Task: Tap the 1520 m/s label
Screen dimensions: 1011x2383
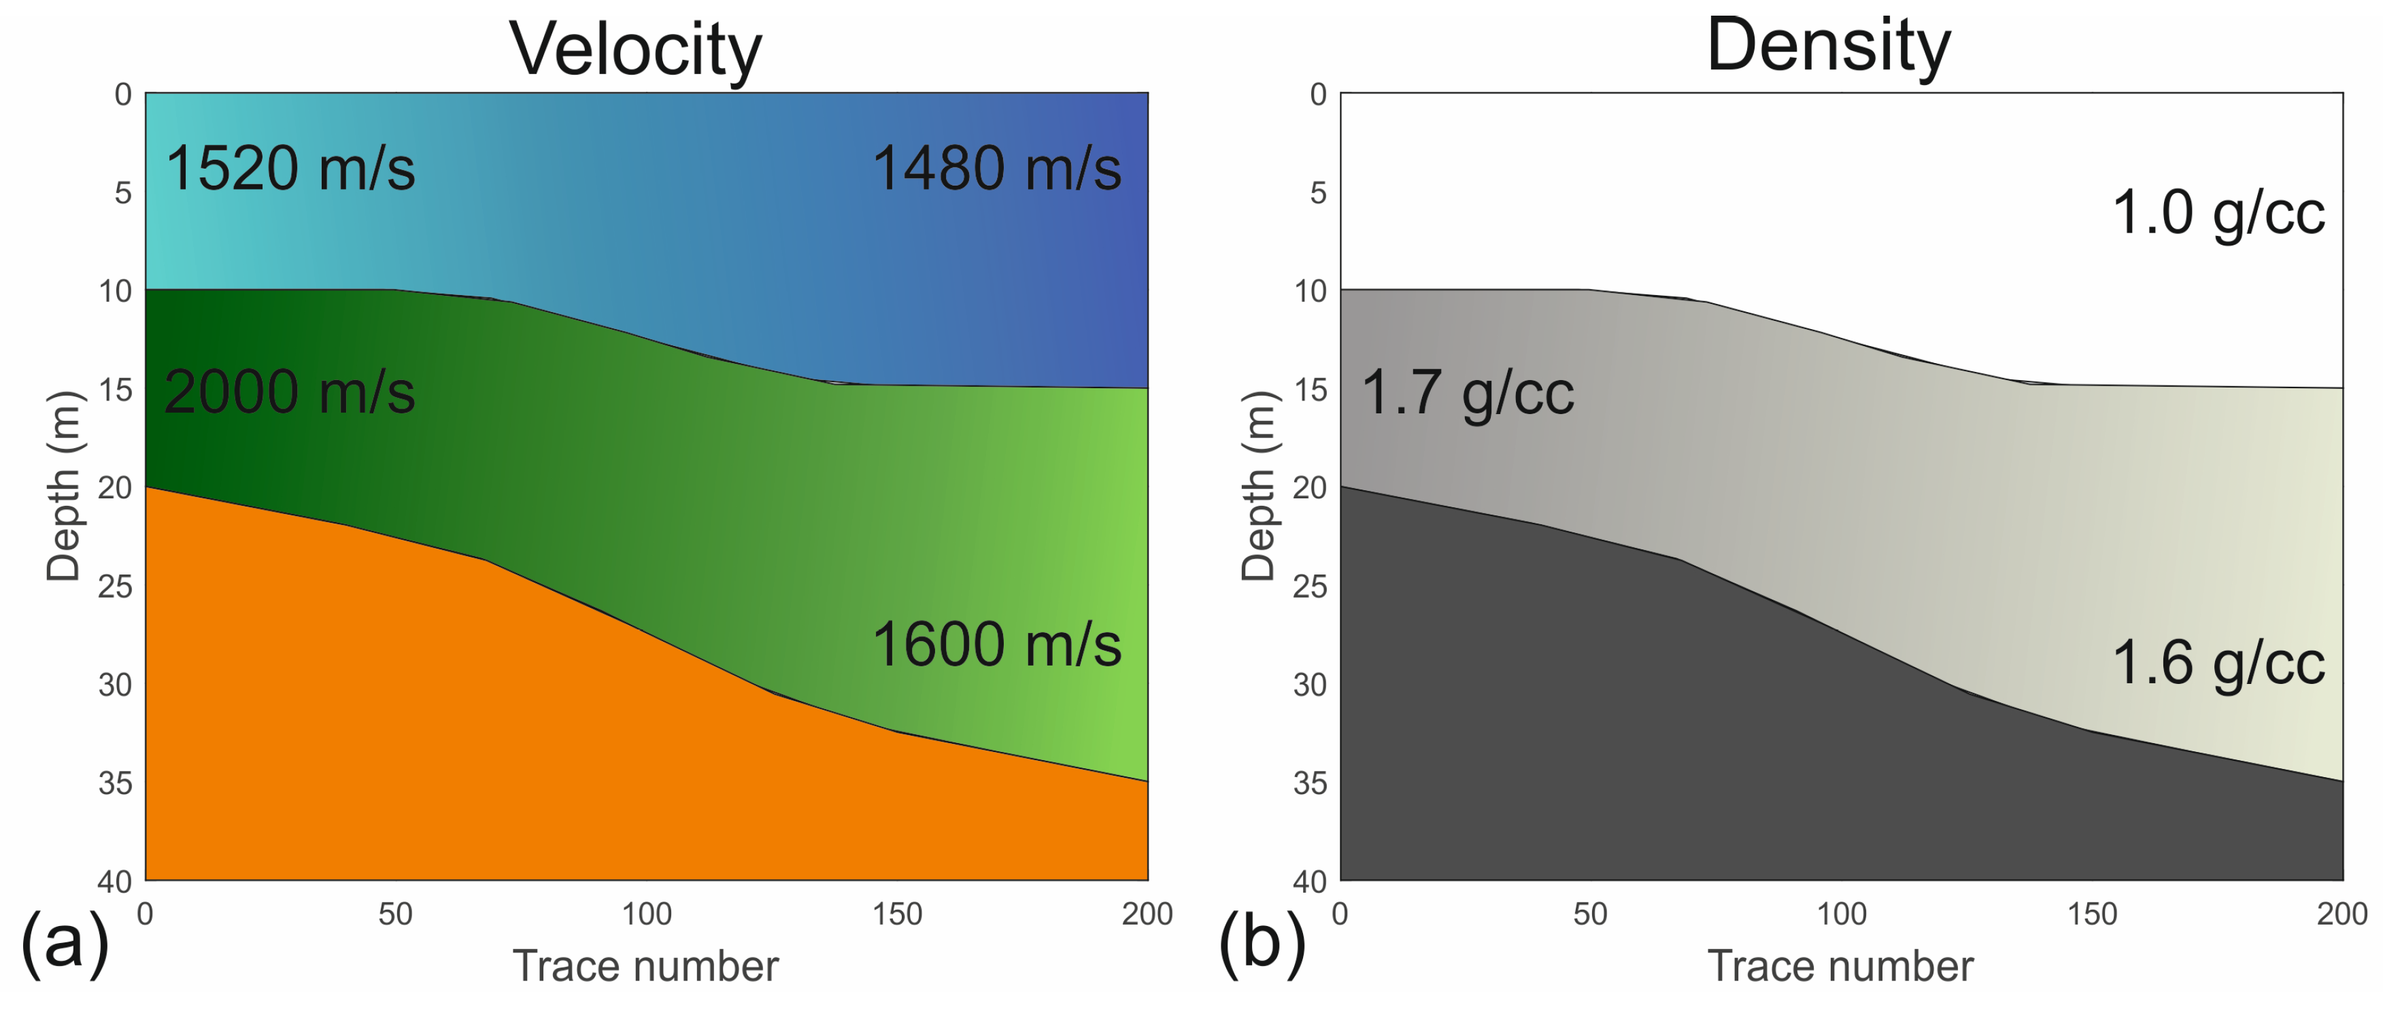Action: (290, 169)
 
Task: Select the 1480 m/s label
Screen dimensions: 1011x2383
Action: (996, 169)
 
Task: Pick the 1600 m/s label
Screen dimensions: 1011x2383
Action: (996, 644)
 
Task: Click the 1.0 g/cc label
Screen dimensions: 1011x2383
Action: (2218, 213)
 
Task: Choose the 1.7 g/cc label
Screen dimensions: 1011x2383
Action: (1467, 392)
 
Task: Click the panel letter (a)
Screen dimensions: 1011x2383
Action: (65, 942)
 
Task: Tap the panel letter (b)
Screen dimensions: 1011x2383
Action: (1262, 942)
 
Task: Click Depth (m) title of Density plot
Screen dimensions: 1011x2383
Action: (1259, 487)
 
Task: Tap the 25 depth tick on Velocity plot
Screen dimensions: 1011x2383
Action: (115, 587)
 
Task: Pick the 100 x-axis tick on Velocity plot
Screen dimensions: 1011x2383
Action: (645, 914)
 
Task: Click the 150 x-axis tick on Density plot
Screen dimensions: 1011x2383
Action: (2092, 914)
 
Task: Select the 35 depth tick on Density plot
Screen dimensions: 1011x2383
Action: (1310, 783)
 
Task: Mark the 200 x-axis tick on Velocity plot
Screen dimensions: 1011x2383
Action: (1147, 914)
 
